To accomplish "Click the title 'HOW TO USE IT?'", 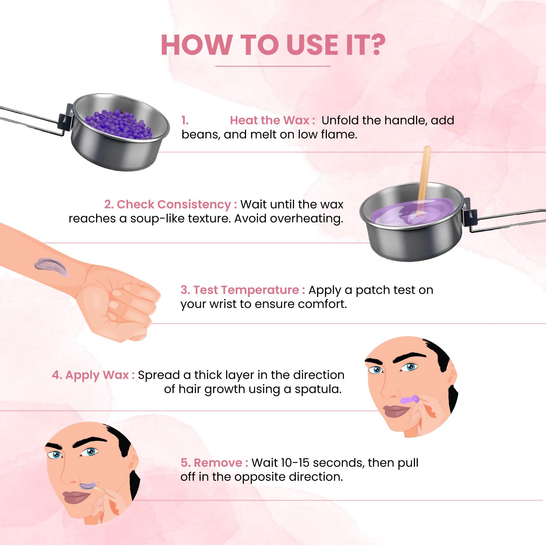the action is click(x=273, y=45).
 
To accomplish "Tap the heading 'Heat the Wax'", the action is click(x=269, y=120).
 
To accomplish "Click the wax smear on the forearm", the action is click(x=51, y=266).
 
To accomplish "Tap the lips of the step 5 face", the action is click(x=76, y=496).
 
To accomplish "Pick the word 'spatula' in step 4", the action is click(x=318, y=389).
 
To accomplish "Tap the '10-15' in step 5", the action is click(x=295, y=463).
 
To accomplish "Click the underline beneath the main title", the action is click(x=273, y=66).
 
